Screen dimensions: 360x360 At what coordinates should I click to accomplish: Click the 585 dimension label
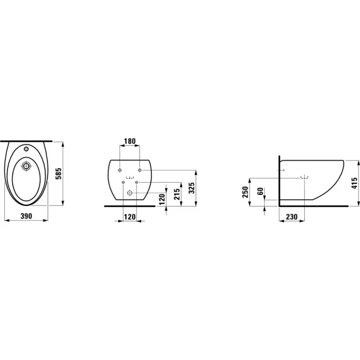pos(59,174)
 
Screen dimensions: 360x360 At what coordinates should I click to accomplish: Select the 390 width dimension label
pos(27,216)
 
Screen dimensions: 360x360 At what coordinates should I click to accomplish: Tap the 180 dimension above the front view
pos(130,141)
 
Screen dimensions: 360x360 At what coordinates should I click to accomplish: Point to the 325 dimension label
pos(192,188)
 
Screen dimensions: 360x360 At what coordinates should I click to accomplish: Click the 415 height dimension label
pos(355,183)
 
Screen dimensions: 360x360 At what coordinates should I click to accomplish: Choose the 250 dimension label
pos(245,192)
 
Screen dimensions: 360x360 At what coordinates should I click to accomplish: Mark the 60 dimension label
pos(260,191)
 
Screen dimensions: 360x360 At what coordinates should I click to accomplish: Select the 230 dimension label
pos(292,217)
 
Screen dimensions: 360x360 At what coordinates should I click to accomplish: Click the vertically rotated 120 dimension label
pos(162,199)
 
